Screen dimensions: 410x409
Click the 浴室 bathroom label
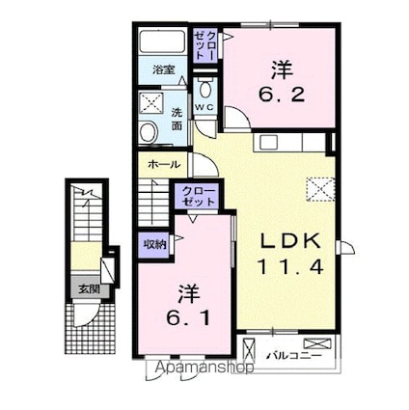point(163,69)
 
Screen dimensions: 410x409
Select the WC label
point(204,106)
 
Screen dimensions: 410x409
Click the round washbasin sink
point(149,133)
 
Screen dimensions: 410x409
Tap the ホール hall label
point(160,164)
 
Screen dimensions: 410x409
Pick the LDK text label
point(286,241)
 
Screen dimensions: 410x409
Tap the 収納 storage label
point(153,244)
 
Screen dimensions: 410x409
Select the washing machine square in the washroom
point(152,103)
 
